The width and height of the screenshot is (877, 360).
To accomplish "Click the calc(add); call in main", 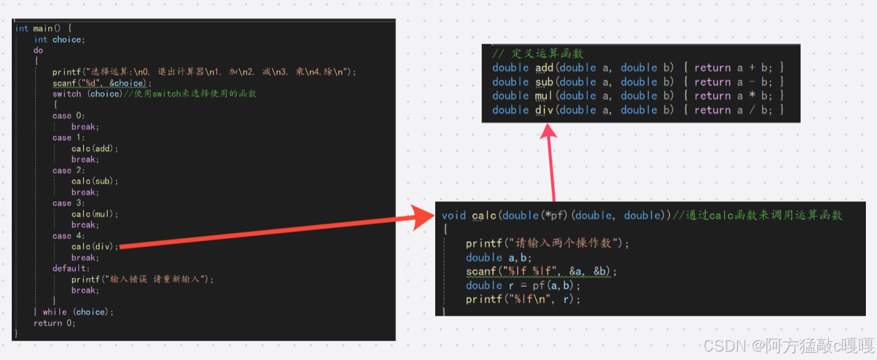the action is tap(95, 148).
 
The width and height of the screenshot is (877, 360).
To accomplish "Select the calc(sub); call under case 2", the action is tap(95, 181).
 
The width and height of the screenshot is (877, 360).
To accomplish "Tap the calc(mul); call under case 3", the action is tap(95, 214).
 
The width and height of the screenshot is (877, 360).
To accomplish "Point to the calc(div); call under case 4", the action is tap(95, 246).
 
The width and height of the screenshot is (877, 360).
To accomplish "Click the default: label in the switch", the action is tap(70, 268).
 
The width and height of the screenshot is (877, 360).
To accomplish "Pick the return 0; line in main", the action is tap(55, 323).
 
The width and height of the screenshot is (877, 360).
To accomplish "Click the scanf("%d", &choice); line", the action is tap(102, 83).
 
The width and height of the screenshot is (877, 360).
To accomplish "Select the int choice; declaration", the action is tap(59, 39).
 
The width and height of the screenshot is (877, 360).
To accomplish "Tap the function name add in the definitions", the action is tap(544, 67).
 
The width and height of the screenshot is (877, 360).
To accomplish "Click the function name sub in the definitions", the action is tap(544, 82).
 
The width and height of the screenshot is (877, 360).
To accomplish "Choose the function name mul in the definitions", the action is tap(544, 95).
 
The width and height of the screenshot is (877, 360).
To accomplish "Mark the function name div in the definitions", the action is tap(544, 110).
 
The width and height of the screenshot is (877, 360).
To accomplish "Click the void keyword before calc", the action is tap(454, 215).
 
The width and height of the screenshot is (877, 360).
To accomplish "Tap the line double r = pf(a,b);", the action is tap(523, 286).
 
